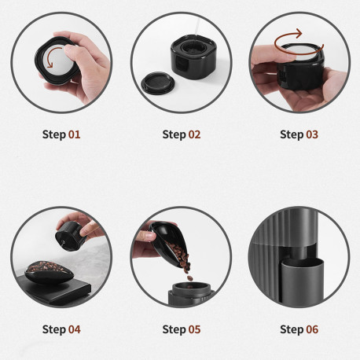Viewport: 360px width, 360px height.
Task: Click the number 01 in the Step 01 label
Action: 74,134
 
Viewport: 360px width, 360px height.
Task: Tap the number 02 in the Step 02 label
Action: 194,134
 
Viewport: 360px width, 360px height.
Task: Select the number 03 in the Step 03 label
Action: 312,134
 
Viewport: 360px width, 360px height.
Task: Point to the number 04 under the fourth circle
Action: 75,329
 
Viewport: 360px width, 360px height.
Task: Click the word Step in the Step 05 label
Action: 173,330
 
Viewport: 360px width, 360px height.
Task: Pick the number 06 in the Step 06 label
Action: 312,329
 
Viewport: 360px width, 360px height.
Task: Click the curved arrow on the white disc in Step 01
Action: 53,57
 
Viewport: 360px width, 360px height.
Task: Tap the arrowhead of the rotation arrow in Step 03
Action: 299,33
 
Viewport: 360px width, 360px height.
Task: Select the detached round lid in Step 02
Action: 158,83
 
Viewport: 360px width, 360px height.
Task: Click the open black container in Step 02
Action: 193,57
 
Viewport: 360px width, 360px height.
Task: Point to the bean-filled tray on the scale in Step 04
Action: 49,272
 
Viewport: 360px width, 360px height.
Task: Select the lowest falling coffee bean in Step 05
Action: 189,278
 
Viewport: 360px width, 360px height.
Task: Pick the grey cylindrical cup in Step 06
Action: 303,281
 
